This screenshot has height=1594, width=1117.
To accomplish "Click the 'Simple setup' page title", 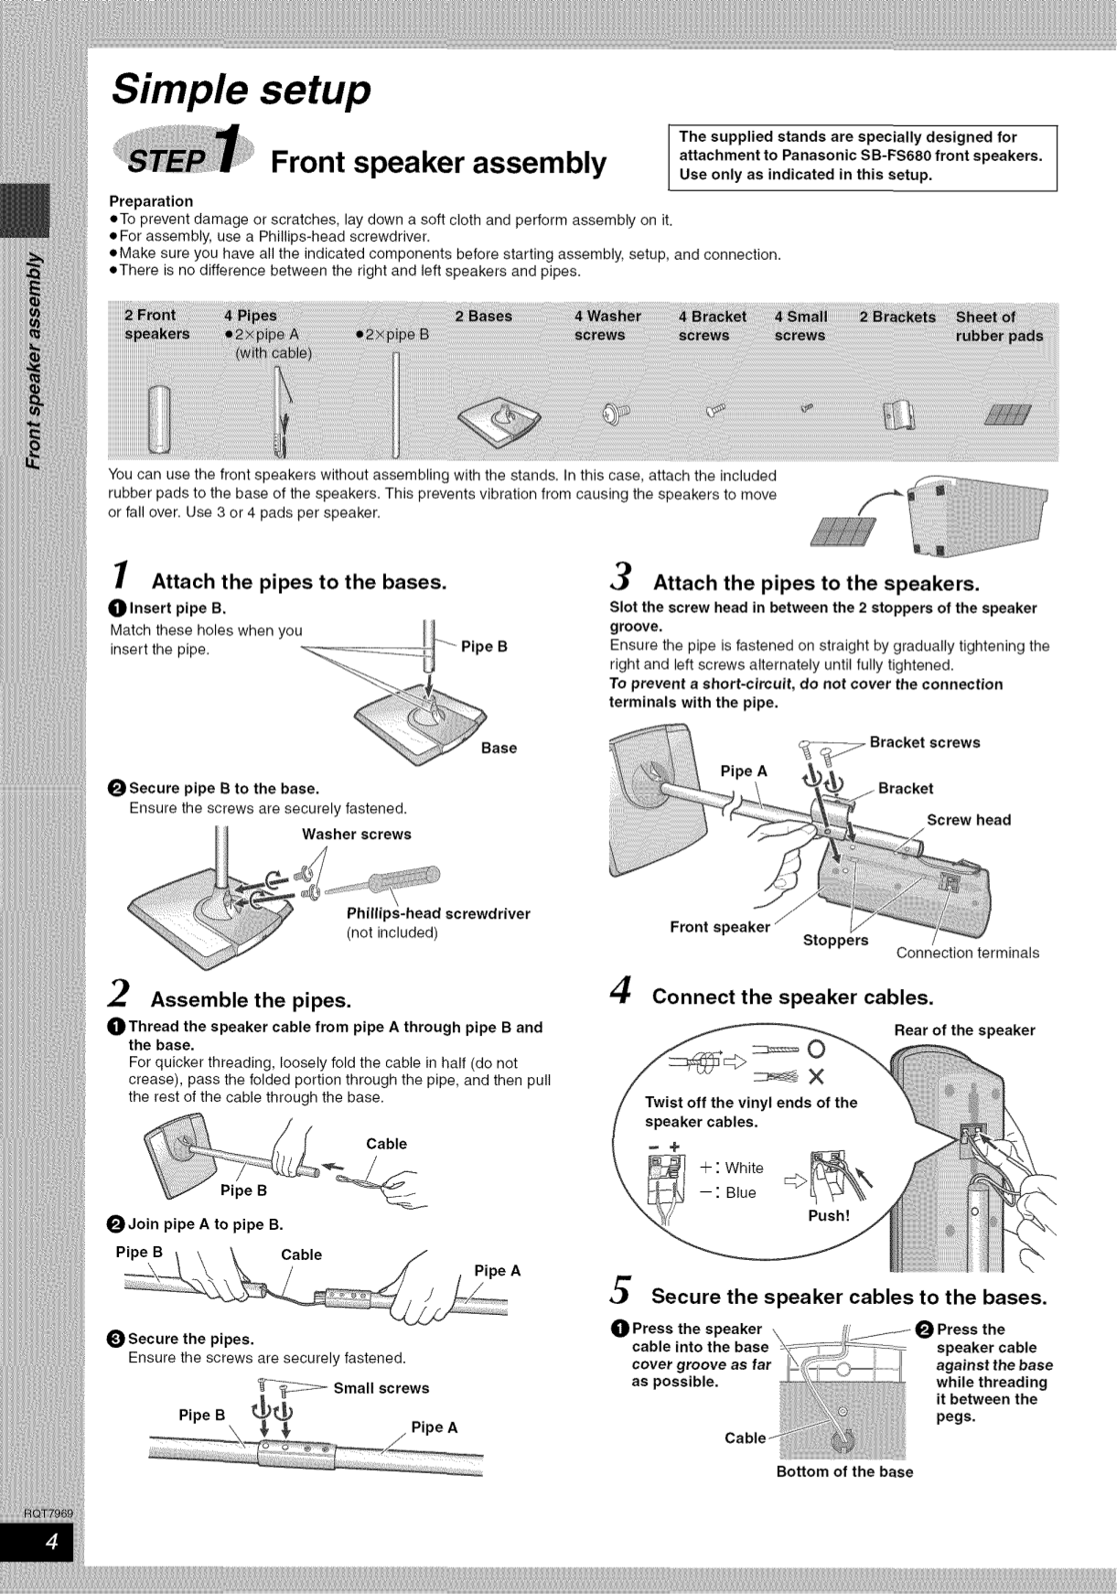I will pos(242,90).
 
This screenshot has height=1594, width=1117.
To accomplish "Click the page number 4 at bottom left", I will pos(52,1543).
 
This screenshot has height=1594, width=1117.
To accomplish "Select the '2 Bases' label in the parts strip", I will pos(483,317).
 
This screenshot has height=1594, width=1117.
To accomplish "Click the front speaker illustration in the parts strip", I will pos(160,419).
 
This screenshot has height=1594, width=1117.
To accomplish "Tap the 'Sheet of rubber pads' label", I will pos(998,327).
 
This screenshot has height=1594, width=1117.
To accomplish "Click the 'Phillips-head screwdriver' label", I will pos(438,913).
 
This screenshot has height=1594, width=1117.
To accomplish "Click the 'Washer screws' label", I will pos(357,835).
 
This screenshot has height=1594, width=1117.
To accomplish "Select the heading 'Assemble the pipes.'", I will pos(251,999).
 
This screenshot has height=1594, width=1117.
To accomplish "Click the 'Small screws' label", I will pos(381,1388).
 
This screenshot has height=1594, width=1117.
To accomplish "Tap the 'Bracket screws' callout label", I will pos(924,742).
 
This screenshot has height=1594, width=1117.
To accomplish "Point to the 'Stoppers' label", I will pos(835,941).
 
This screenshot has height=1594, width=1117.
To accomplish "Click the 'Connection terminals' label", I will pos(967,953).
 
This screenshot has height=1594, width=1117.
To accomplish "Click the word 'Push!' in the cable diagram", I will pos(829,1216).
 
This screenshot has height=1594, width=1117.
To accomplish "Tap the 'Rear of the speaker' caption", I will pos(964,1030).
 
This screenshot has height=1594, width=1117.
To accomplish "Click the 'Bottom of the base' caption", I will pos(844,1471).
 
